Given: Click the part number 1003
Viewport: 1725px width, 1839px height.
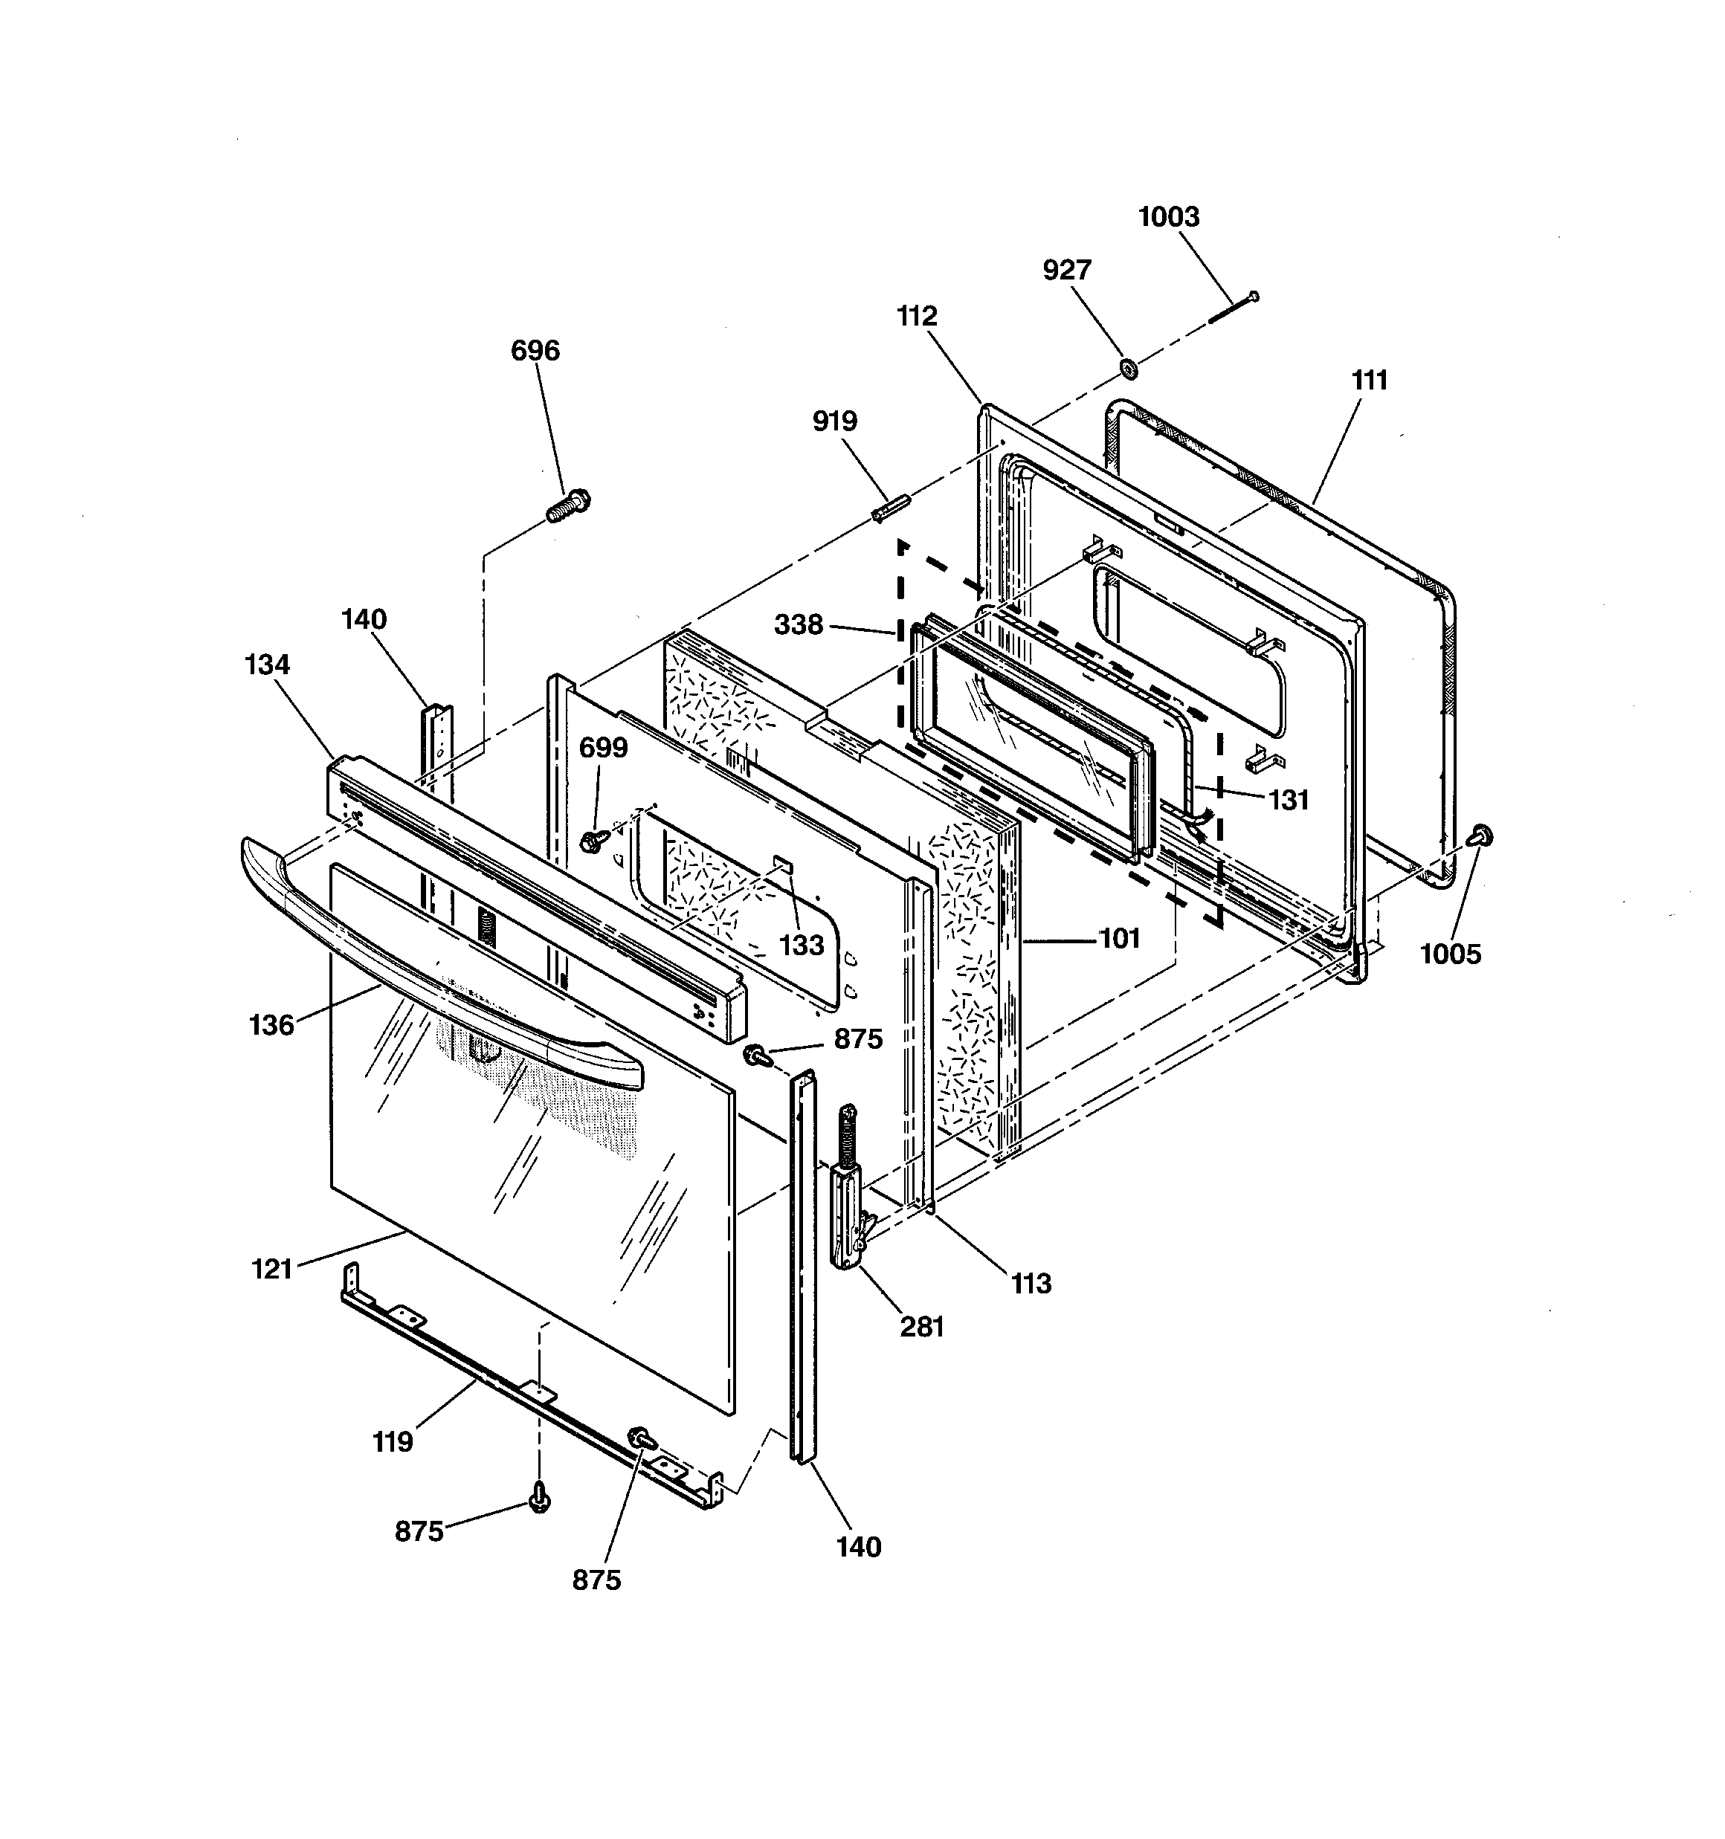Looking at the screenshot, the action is (x=1168, y=216).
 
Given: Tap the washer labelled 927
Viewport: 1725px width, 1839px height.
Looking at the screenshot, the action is (x=1128, y=368).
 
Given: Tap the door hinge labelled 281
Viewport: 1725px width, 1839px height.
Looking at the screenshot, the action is (x=850, y=1185).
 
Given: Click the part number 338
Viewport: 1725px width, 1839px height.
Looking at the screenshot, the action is (x=798, y=625).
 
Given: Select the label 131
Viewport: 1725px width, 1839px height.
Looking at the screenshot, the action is (x=1289, y=800).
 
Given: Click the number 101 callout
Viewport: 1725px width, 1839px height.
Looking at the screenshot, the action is (x=1120, y=938).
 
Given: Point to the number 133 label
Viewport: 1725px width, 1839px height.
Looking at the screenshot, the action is (x=802, y=945).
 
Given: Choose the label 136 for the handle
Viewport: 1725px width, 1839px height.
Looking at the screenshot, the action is (x=271, y=1025).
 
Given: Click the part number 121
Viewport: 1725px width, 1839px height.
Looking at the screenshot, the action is (x=272, y=1269).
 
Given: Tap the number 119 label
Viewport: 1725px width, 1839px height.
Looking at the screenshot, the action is (x=393, y=1442).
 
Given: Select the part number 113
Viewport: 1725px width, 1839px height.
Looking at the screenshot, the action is (x=1031, y=1283).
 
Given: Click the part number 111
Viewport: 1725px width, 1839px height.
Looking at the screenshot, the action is (x=1370, y=380).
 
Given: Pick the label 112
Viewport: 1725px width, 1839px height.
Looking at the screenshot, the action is (x=917, y=317).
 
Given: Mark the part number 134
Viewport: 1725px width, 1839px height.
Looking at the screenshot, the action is (x=268, y=665).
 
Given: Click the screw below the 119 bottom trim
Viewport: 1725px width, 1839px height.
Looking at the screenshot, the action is (x=540, y=1498).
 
